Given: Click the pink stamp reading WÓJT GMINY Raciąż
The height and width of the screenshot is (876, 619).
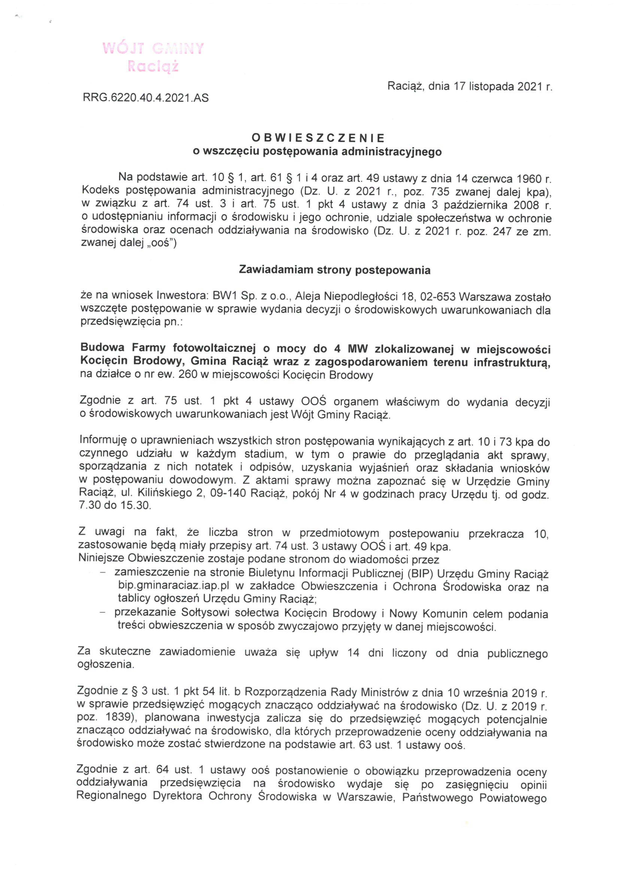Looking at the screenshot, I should [x=153, y=57].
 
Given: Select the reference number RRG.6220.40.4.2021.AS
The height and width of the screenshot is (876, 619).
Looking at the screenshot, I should [x=145, y=98].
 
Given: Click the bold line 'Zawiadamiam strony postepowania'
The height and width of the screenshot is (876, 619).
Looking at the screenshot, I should [x=334, y=270].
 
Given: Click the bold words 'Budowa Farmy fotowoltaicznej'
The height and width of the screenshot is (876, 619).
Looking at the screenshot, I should [x=163, y=348].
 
